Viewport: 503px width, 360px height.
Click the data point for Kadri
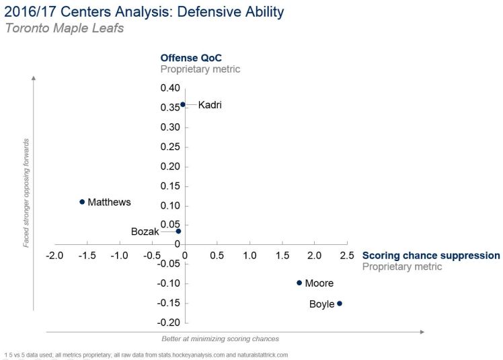click(x=182, y=104)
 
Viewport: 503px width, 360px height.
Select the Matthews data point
click(x=82, y=202)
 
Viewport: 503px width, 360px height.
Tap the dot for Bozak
click(x=178, y=231)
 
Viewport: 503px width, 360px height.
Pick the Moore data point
click(x=299, y=283)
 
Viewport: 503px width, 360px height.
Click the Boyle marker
click(x=340, y=303)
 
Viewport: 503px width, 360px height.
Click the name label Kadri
click(x=209, y=105)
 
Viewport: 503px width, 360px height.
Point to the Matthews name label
click(x=109, y=202)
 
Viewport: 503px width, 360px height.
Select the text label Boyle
click(x=321, y=304)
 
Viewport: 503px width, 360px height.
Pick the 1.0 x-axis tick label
click(x=249, y=256)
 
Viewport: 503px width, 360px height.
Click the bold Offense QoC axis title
click(x=190, y=58)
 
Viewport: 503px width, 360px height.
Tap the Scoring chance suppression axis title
click(x=431, y=256)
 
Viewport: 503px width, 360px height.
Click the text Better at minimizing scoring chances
click(x=220, y=339)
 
